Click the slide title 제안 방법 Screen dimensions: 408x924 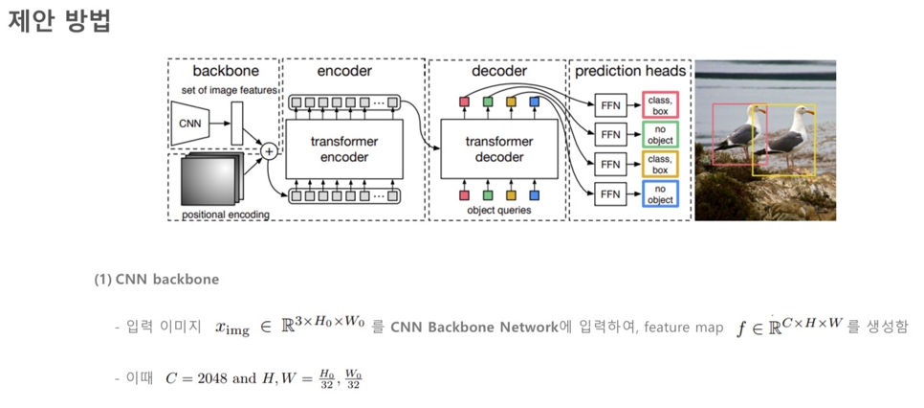tap(59, 22)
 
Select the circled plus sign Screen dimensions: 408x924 tap(269, 150)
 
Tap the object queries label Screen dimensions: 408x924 tap(498, 209)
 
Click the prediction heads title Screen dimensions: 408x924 tap(630, 71)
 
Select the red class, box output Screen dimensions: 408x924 tap(659, 104)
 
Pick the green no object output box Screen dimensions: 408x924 tap(659, 134)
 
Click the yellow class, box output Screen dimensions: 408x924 tap(659, 164)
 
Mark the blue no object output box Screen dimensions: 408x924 tap(659, 193)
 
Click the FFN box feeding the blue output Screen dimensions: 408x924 tap(609, 193)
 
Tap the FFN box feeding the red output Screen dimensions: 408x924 tap(609, 104)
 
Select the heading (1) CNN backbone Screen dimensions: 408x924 tap(156, 280)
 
